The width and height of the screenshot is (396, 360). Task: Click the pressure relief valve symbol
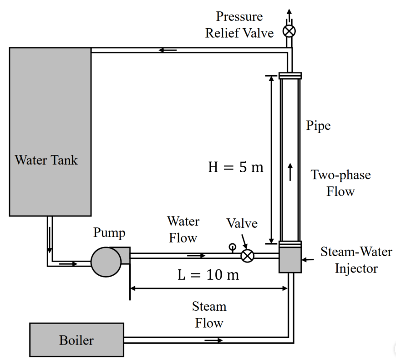point(289,31)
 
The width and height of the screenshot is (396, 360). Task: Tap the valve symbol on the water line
point(247,255)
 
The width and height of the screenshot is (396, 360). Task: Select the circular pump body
point(106,262)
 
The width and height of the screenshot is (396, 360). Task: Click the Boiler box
point(76,339)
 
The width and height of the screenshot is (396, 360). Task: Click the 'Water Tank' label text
point(46,160)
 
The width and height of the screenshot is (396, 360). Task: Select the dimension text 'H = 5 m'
point(236,167)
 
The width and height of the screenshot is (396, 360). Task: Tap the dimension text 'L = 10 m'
point(208,275)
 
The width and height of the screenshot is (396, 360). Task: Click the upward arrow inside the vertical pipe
point(290,172)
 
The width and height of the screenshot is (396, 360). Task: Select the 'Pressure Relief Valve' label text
point(239,25)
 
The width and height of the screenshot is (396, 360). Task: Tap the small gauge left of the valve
point(232,248)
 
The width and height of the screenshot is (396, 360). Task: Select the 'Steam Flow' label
point(209,315)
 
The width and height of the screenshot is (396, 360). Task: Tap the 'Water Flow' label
point(183,230)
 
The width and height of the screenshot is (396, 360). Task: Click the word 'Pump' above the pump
point(109,233)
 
